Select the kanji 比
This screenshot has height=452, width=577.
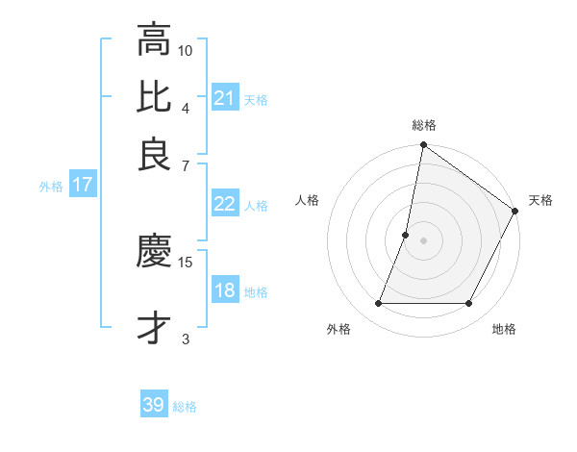pos(154,97)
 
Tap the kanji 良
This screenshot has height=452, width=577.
pos(154,154)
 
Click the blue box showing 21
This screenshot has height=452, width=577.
pos(224,98)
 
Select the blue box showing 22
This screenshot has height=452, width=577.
pos(224,204)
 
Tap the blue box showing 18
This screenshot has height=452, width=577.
pos(224,291)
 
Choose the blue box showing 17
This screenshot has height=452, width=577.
pos(82,185)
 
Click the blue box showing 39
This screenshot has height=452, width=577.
pos(154,405)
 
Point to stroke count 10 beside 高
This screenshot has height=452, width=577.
pos(186,49)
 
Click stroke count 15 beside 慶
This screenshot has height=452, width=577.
pos(186,262)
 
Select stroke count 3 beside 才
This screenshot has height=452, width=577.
pos(186,339)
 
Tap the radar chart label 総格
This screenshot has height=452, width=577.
pos(424,125)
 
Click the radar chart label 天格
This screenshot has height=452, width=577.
pos(540,200)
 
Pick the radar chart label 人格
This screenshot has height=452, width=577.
pos(308,200)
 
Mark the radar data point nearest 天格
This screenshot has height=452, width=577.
pos(515,212)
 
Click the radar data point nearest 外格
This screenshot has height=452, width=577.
pos(378,304)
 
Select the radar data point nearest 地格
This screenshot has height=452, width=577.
pos(469,304)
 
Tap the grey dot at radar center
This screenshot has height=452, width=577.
pos(423,239)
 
